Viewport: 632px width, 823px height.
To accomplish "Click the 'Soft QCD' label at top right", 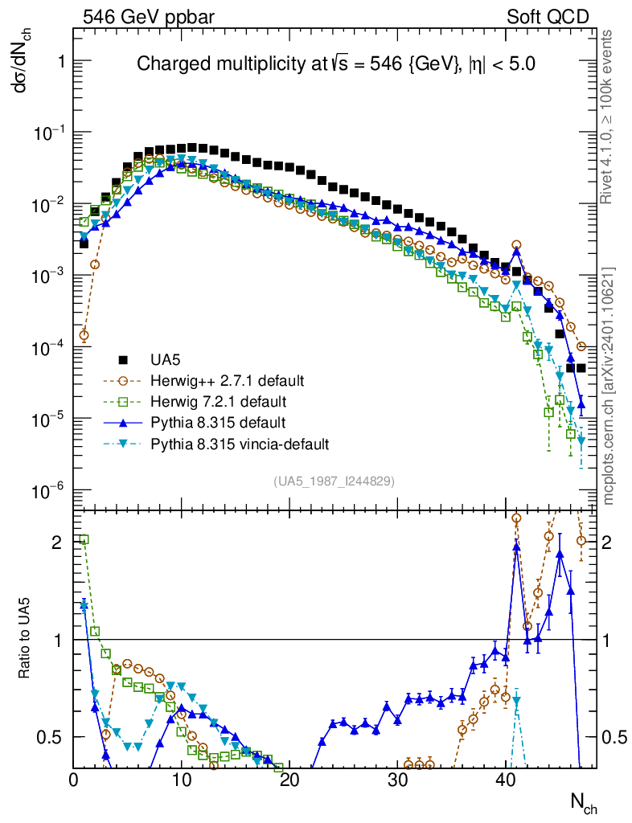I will pyautogui.click(x=547, y=17).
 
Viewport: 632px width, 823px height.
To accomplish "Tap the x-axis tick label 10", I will pyautogui.click(x=182, y=779).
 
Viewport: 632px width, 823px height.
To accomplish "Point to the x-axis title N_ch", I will pyautogui.click(x=583, y=803).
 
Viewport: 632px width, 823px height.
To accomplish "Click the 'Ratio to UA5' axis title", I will pyautogui.click(x=27, y=638).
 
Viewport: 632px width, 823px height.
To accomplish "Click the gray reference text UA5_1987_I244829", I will pyautogui.click(x=334, y=481).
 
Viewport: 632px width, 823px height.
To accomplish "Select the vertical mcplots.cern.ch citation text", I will pyautogui.click(x=609, y=386).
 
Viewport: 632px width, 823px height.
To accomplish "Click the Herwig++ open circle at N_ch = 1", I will pyautogui.click(x=84, y=335).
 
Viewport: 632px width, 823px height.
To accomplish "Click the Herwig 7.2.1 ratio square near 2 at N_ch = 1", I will pyautogui.click(x=84, y=539).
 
